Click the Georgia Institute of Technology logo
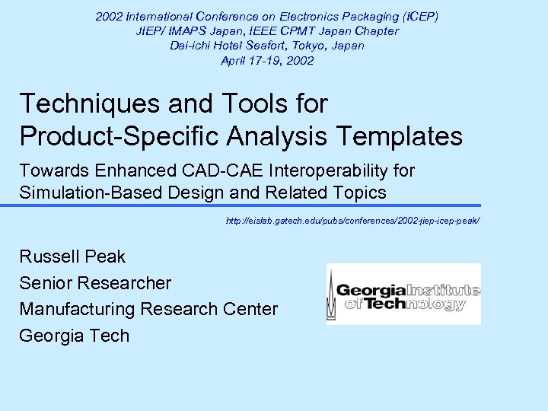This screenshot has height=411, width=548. [x=403, y=295]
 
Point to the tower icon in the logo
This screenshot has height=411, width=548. [x=332, y=295]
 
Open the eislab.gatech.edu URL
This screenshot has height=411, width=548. [x=353, y=221]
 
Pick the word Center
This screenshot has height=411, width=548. [x=250, y=309]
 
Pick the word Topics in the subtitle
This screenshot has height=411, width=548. [x=358, y=193]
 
